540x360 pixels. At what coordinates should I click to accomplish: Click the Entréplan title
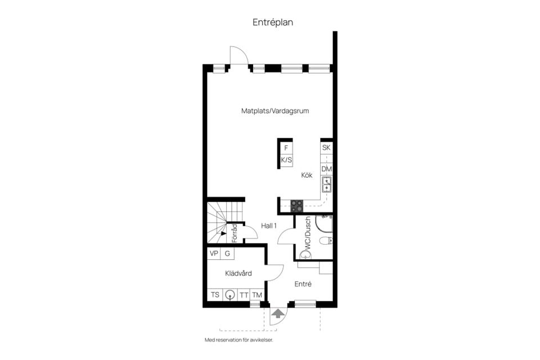272,22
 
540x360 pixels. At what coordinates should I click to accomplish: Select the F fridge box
286,148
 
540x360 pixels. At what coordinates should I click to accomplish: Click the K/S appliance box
286,160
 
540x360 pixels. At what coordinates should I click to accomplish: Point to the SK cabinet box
326,148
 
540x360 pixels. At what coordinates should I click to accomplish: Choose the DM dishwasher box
326,169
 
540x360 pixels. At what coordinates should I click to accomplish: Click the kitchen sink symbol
326,184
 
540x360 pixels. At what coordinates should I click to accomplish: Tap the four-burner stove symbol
296,206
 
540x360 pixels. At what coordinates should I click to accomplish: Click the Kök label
307,175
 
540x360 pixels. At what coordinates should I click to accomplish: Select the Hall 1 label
269,226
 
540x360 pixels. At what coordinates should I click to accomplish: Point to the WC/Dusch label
307,234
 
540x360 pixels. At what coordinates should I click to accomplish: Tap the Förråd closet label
235,233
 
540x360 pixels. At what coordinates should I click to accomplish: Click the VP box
214,254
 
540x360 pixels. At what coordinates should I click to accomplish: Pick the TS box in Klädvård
215,295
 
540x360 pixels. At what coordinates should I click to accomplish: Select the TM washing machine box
256,295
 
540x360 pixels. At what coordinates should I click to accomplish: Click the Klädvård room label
238,273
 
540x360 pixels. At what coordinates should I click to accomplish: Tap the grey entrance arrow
277,314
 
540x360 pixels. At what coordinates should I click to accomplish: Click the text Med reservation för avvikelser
242,340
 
